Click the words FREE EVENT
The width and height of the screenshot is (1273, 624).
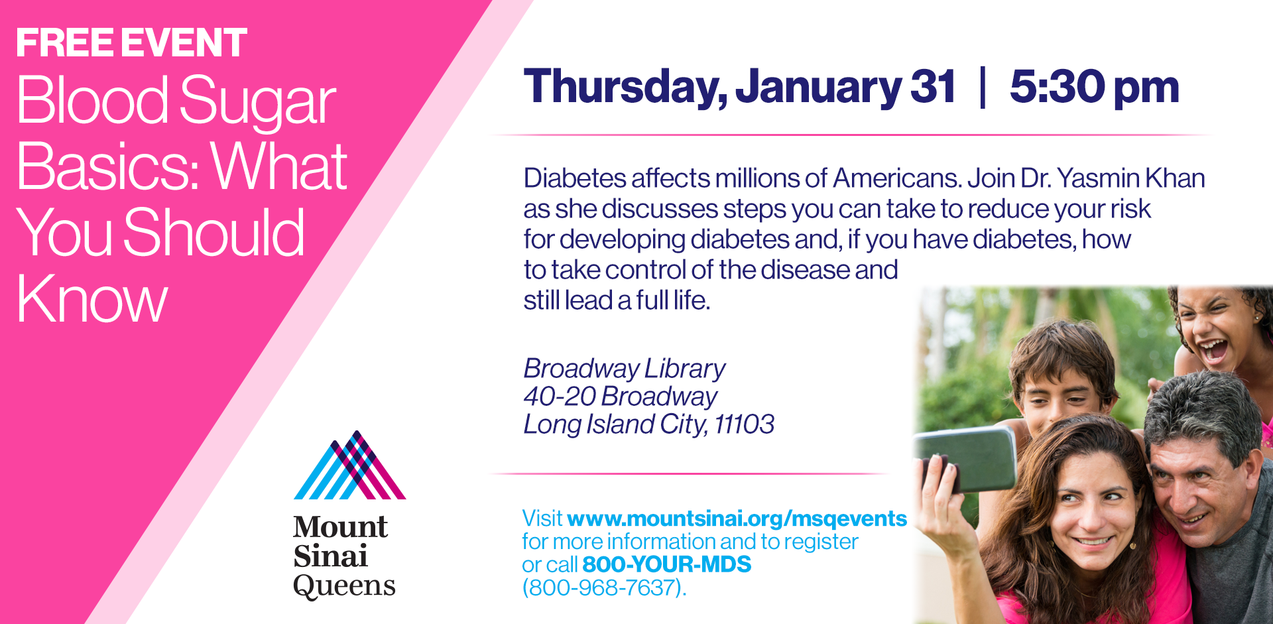click(131, 43)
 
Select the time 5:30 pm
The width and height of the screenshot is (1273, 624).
click(1094, 88)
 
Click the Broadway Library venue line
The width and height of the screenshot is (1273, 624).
click(625, 369)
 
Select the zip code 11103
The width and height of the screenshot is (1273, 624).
click(745, 424)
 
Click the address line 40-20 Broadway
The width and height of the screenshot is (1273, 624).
click(621, 397)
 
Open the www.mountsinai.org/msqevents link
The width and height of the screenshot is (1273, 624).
click(737, 518)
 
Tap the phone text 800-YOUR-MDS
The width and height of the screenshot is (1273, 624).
click(667, 564)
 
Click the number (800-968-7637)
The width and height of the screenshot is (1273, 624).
click(604, 588)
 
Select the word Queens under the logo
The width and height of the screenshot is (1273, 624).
click(344, 586)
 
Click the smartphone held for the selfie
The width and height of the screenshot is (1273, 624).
click(969, 458)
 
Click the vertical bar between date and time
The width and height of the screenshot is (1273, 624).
click(983, 87)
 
